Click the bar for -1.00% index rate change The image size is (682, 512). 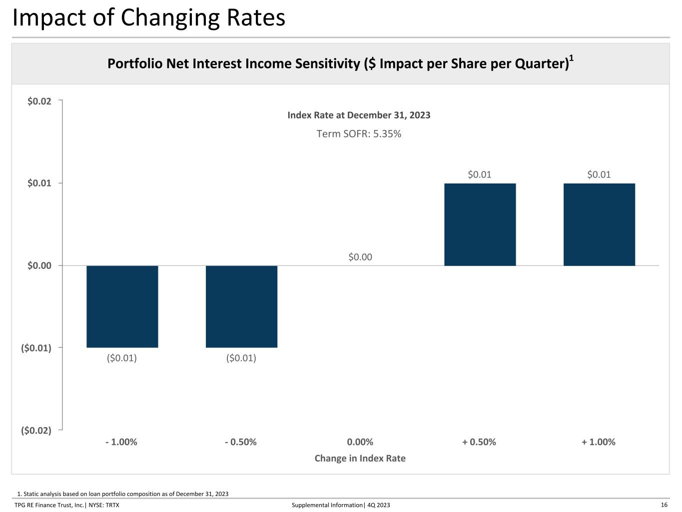point(122,306)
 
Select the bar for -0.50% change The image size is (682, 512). point(241,306)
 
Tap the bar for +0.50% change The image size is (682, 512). point(480,224)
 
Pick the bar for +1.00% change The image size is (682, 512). point(600,224)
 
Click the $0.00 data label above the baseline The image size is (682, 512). point(360,257)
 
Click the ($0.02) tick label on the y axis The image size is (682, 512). point(36,430)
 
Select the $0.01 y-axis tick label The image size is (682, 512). point(39,183)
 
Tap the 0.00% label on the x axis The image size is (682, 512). point(360,441)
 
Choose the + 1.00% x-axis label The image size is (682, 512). point(599,441)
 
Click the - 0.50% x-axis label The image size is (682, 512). point(241,441)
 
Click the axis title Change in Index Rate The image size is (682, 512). point(360,458)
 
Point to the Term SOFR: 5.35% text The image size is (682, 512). point(359,133)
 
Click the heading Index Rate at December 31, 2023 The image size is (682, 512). point(359,115)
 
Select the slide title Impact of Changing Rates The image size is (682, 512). point(148,17)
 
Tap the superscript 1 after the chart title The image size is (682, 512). point(571,58)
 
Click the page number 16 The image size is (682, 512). point(664,505)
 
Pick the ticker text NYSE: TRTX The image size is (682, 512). point(104,505)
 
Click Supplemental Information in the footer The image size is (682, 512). point(327,505)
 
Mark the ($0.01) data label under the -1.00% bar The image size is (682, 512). point(122,358)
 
